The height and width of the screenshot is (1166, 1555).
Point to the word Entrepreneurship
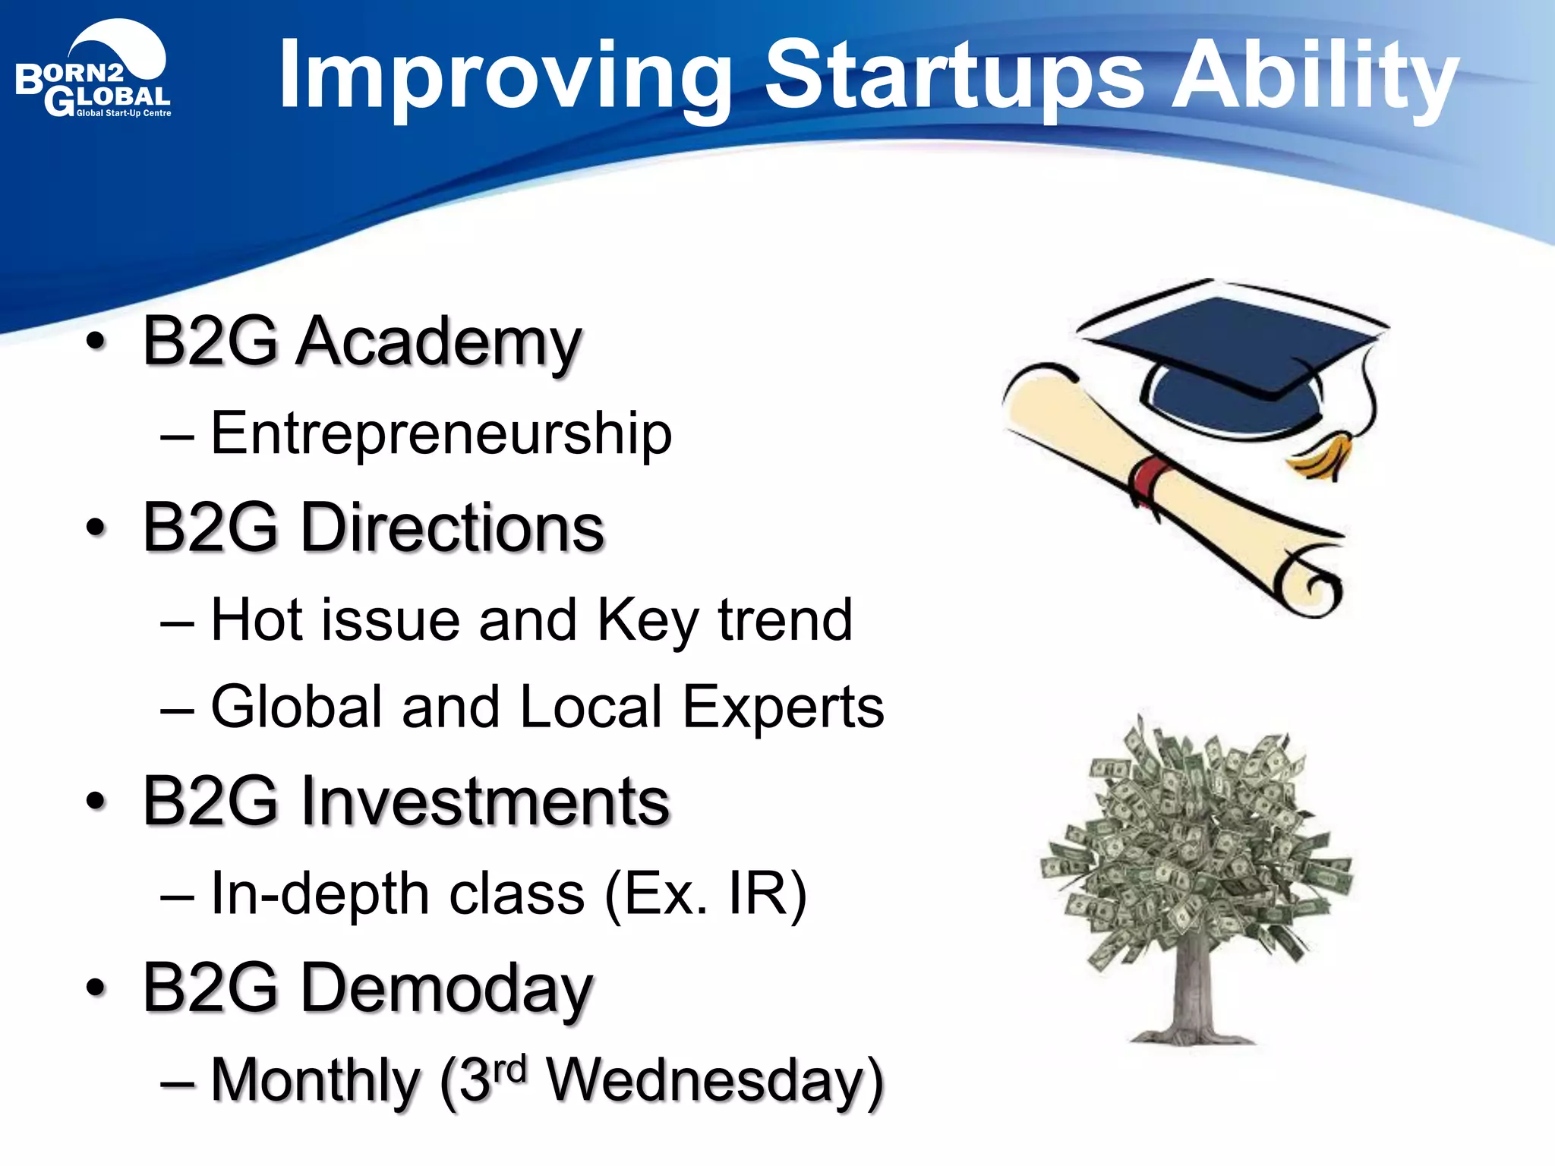click(x=441, y=435)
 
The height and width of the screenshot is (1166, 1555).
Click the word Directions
click(x=453, y=528)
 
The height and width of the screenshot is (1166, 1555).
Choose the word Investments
click(x=485, y=802)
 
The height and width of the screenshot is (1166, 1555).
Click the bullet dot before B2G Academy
click(x=96, y=342)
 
